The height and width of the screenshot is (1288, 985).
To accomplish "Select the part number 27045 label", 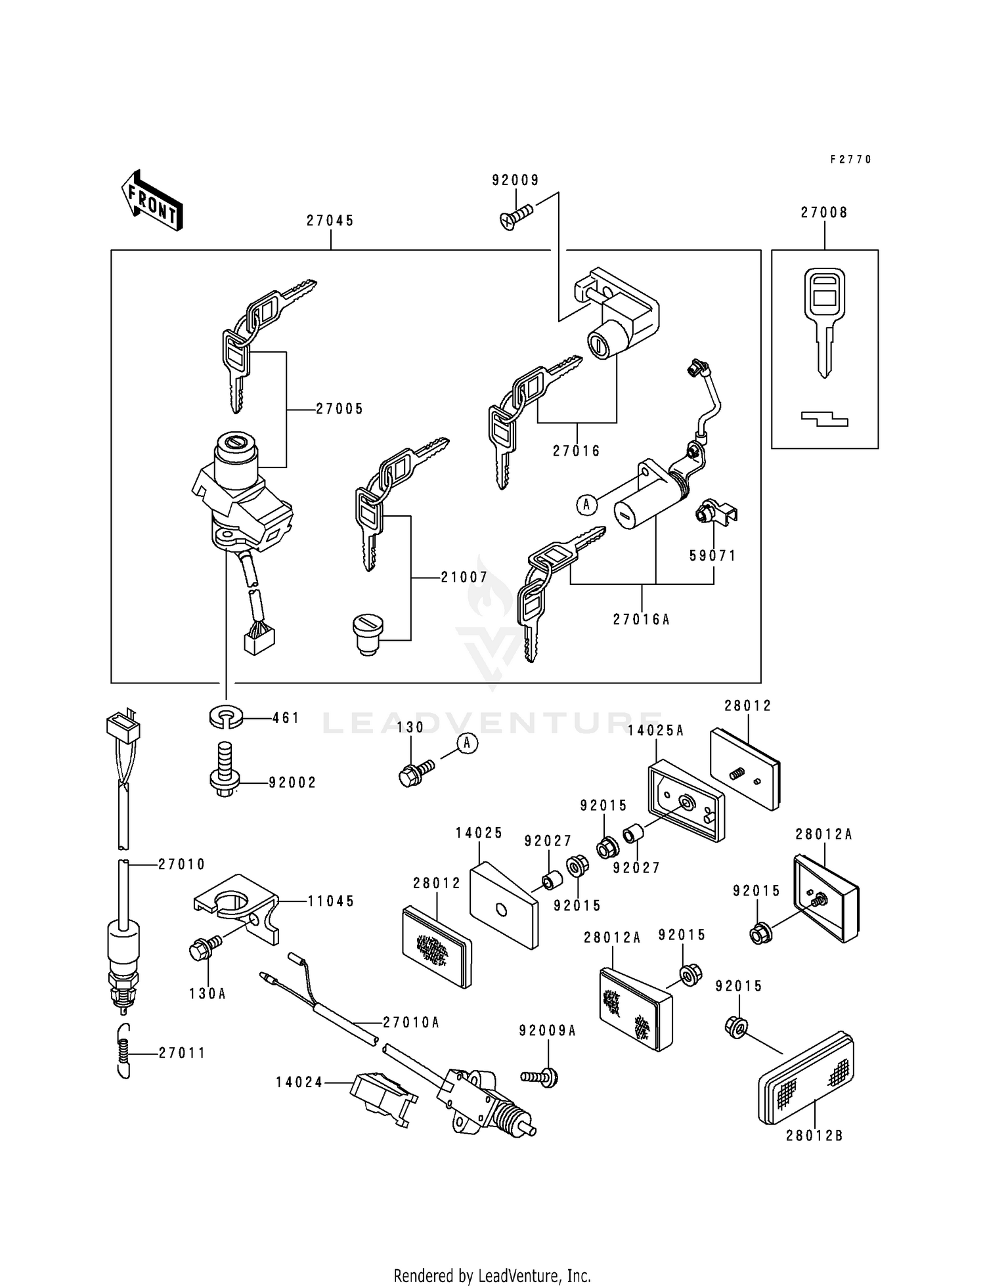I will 330,221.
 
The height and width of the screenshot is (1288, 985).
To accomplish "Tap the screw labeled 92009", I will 517,217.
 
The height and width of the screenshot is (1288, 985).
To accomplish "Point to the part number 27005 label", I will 339,409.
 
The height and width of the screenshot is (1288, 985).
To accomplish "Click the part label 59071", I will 712,555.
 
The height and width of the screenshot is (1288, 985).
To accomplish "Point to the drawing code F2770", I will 850,160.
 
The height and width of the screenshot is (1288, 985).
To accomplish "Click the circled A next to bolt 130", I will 467,743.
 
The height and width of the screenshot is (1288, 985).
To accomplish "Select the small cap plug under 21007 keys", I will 368,633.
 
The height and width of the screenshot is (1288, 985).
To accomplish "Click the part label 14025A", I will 655,731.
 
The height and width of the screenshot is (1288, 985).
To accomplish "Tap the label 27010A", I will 411,1022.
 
